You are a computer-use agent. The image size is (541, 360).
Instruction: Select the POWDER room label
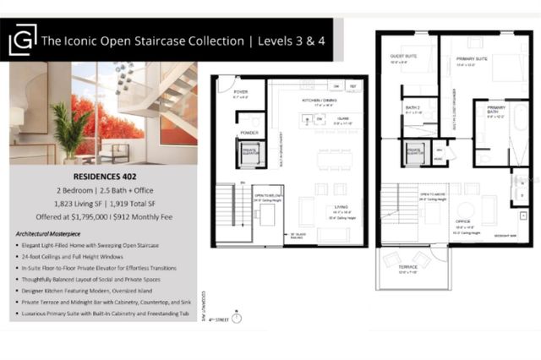(x=249, y=133)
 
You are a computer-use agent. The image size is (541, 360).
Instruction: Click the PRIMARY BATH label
(x=496, y=109)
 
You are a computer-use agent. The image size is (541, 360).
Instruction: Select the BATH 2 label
(x=413, y=108)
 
